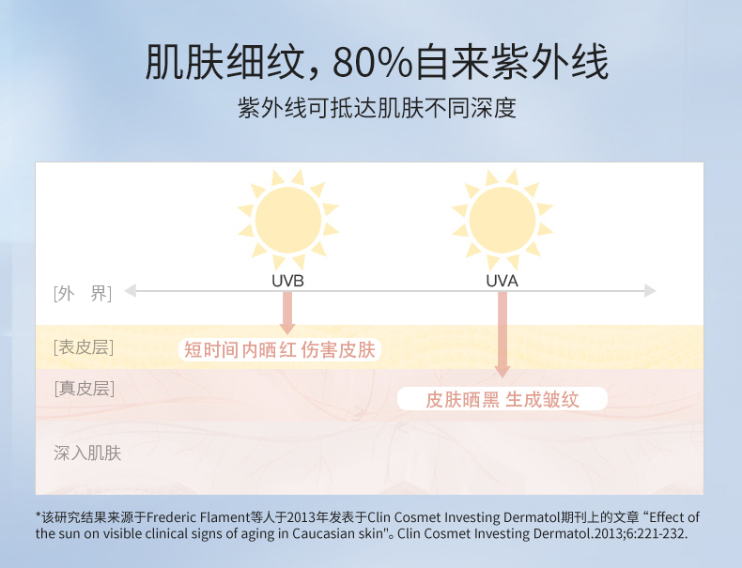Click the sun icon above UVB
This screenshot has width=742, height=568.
[287, 220]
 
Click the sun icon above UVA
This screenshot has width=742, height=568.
[502, 220]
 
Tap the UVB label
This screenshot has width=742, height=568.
[287, 281]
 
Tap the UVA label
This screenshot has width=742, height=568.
[502, 281]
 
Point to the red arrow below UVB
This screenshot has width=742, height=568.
[287, 313]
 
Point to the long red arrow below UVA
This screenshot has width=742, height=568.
[502, 335]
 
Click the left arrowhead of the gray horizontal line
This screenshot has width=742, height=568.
[131, 291]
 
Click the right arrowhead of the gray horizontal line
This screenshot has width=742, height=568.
[650, 291]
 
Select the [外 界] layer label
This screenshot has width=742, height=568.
[83, 294]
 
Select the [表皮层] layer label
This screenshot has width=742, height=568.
[84, 347]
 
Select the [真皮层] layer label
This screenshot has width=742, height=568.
[85, 389]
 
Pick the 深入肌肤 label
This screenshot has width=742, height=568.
[87, 453]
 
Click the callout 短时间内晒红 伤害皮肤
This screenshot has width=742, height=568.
[280, 350]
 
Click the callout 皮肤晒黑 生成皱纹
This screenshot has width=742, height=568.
[502, 399]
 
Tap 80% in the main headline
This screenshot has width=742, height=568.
[373, 62]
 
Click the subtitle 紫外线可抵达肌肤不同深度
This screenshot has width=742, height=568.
[377, 108]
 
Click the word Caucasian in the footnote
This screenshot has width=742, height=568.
[321, 533]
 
